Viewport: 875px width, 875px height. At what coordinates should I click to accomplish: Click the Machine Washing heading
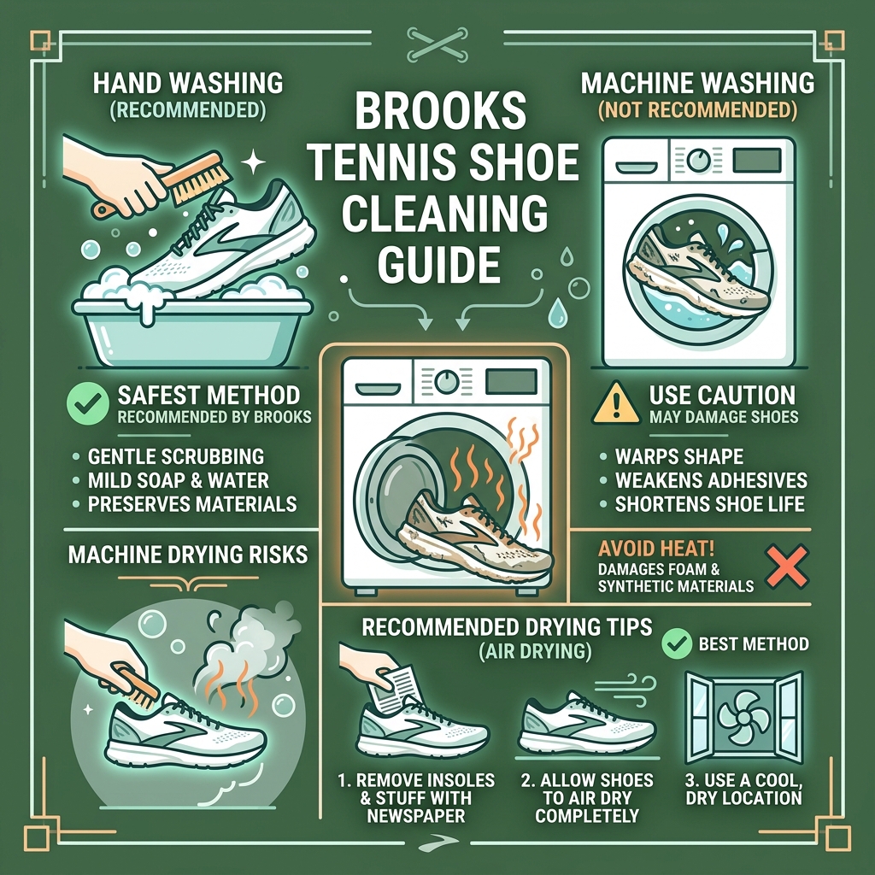tap(697, 84)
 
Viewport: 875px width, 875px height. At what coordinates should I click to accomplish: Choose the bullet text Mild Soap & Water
tap(178, 480)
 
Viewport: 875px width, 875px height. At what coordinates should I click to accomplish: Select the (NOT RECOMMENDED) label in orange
tap(697, 110)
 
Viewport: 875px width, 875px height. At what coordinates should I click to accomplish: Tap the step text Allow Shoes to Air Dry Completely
tap(587, 799)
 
